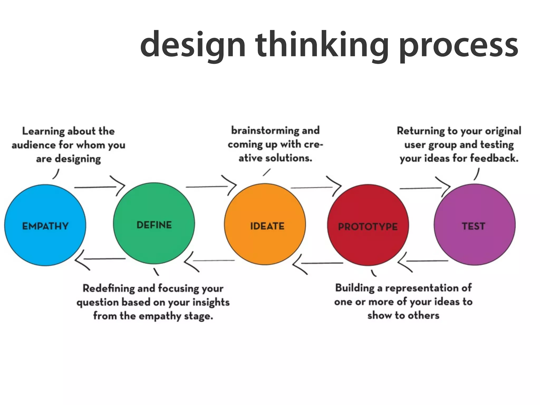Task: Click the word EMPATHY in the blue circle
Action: pos(45,226)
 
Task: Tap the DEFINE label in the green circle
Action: pos(154,225)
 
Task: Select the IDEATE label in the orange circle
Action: pos(267,226)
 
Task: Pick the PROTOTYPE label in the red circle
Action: pos(368,226)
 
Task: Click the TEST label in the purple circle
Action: pos(474,226)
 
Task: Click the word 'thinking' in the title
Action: pos(322,45)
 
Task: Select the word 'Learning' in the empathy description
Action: pos(43,131)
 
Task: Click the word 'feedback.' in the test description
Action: pos(494,158)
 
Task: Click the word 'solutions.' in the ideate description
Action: pos(288,158)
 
